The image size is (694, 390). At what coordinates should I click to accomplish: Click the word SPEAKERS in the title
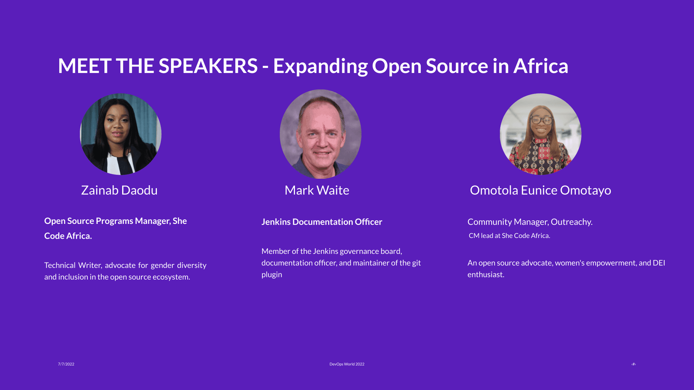(208, 66)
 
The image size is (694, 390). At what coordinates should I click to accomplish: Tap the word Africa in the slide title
(541, 66)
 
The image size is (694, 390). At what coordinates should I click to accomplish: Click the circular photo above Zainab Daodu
(120, 134)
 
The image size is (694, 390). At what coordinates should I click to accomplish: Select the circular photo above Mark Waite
(320, 134)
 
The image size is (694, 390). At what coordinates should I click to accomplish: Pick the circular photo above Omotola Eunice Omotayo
(540, 134)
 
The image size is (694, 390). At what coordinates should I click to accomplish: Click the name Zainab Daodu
(119, 190)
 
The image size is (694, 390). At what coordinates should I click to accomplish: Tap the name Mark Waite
(317, 190)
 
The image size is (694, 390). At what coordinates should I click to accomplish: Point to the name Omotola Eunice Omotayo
(540, 190)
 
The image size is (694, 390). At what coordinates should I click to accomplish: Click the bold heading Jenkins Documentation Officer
(322, 222)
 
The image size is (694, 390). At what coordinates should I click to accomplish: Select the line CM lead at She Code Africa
(509, 236)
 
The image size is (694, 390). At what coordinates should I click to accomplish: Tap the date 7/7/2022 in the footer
(66, 364)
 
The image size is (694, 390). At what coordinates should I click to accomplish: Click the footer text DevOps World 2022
(347, 364)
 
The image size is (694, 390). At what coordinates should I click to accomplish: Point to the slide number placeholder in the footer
(633, 364)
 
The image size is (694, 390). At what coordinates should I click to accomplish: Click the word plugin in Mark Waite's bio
(271, 275)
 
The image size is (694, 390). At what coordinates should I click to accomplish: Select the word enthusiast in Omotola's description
(485, 275)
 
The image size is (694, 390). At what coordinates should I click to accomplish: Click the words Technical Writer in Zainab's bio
(73, 265)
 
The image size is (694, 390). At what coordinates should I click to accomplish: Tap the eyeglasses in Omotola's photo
(541, 120)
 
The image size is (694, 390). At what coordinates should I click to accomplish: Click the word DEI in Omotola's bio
(659, 263)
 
